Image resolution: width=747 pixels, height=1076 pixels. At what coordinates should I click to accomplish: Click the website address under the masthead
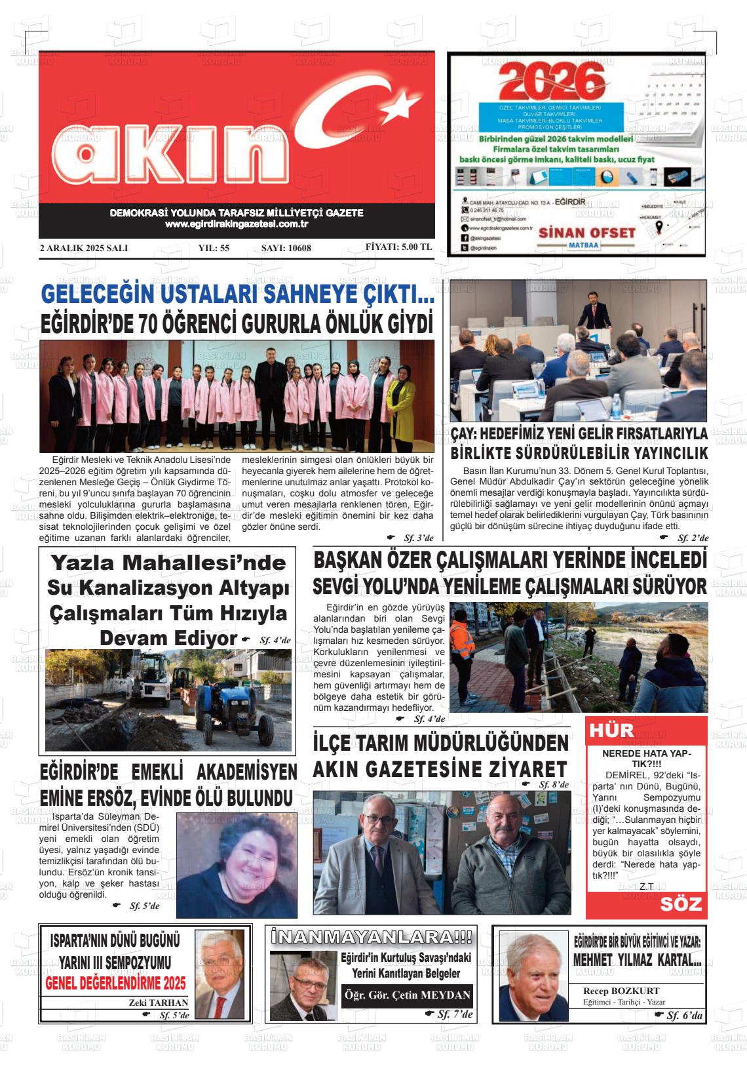point(237,224)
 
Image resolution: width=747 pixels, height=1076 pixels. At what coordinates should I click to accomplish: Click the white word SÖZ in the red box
point(681,905)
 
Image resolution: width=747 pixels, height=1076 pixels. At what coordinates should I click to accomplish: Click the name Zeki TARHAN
point(159,1002)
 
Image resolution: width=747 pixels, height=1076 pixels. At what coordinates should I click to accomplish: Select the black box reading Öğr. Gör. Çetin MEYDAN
point(407,995)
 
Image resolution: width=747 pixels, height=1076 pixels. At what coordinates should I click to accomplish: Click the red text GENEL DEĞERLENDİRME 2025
point(115,983)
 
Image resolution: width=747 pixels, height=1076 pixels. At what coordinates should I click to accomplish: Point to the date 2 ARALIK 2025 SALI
point(84,248)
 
